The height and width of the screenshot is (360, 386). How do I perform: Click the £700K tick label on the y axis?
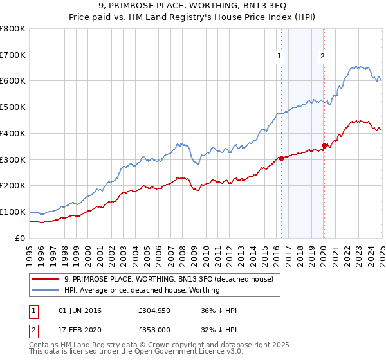pyautogui.click(x=13, y=55)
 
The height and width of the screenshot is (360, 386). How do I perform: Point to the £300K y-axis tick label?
pyautogui.click(x=13, y=159)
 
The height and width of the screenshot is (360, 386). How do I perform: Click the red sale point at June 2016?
pyautogui.click(x=281, y=158)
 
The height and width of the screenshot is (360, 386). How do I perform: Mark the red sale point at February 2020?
pyautogui.click(x=325, y=145)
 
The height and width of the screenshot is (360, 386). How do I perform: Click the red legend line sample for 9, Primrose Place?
pyautogui.click(x=44, y=279)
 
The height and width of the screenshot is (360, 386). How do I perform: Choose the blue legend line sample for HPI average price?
pyautogui.click(x=44, y=290)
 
